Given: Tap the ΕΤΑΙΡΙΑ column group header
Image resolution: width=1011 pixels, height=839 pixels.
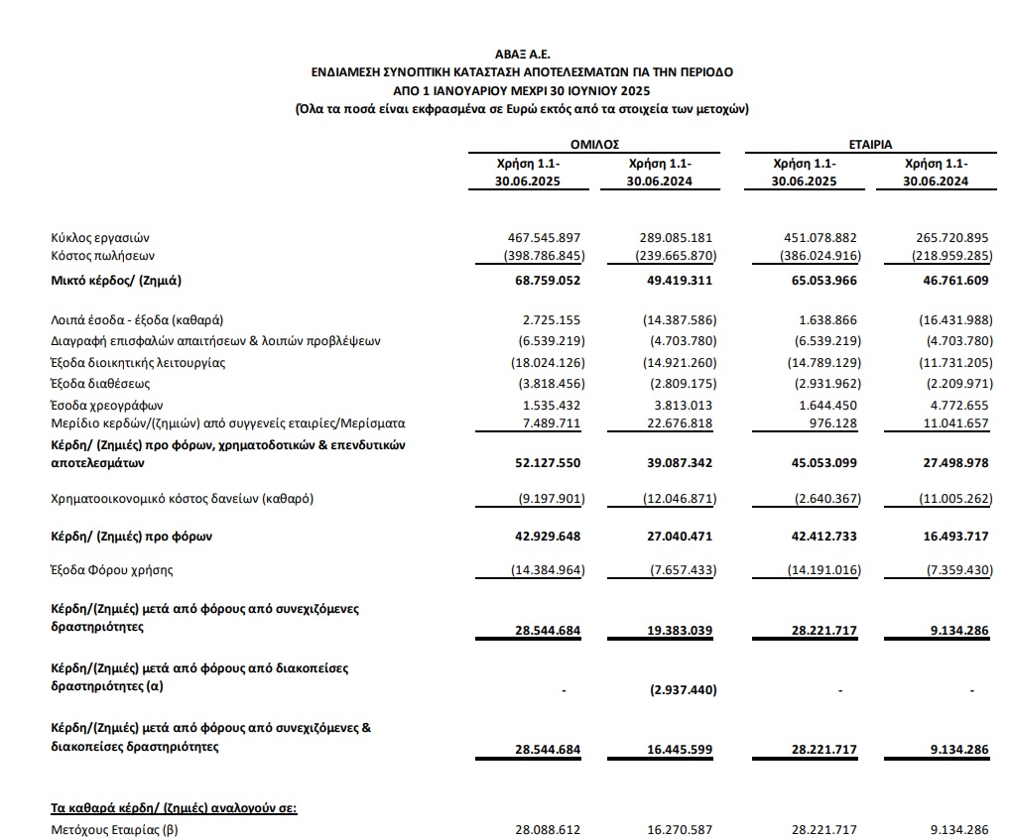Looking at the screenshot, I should [870, 145].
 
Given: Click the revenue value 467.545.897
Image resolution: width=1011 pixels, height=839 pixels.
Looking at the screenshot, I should [542, 238].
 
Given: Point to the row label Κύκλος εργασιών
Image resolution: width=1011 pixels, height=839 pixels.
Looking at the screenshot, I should [101, 238].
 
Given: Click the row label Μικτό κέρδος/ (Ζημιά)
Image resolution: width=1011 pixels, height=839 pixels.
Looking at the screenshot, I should [116, 281].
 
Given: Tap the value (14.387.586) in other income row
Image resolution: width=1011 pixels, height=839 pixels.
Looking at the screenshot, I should [674, 319].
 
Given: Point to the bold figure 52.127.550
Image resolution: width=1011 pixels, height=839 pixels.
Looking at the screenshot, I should [542, 462].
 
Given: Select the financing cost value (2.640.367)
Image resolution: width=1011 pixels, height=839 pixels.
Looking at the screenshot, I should [817, 498].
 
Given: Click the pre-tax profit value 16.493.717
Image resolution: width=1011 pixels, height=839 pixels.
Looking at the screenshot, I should [951, 537].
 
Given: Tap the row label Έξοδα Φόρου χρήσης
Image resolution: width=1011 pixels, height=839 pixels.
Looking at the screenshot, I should [112, 570].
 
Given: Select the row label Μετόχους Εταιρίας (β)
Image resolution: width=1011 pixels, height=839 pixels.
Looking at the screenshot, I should [114, 829].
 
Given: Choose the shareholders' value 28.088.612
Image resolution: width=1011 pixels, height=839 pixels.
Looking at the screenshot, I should [545, 829].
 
